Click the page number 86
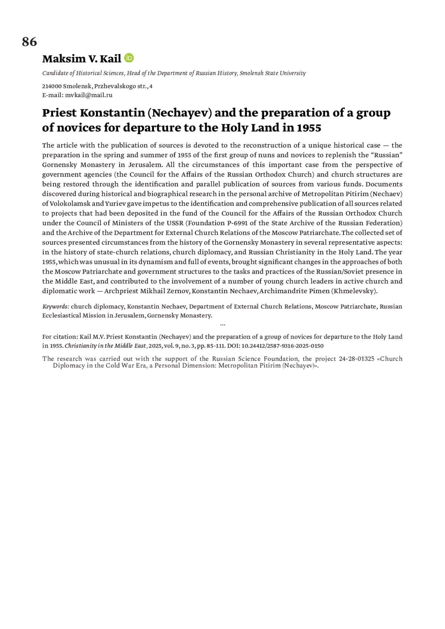[29, 42]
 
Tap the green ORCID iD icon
[129, 58]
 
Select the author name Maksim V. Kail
[82, 59]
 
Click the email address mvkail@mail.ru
[89, 95]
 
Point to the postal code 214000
[52, 86]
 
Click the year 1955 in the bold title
[309, 128]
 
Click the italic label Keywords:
[56, 307]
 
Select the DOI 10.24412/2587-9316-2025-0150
[283, 346]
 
